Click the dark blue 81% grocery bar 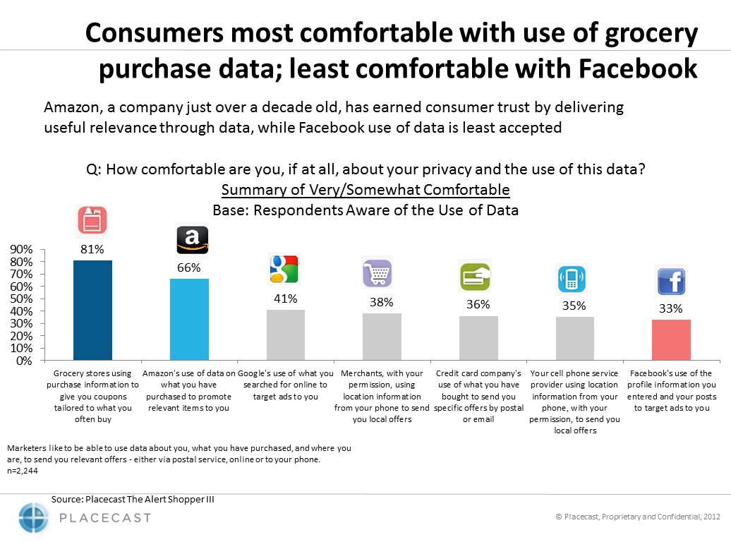pyautogui.click(x=92, y=311)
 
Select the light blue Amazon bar pyautogui.click(x=189, y=320)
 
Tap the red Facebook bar pyautogui.click(x=671, y=340)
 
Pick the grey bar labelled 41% pyautogui.click(x=285, y=335)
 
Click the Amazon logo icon pyautogui.click(x=192, y=240)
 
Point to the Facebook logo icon pyautogui.click(x=671, y=282)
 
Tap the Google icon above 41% pyautogui.click(x=285, y=270)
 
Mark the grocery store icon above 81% pyautogui.click(x=92, y=221)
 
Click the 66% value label pyautogui.click(x=189, y=267)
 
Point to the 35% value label pyautogui.click(x=574, y=306)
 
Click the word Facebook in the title pyautogui.click(x=638, y=68)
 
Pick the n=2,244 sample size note pyautogui.click(x=21, y=470)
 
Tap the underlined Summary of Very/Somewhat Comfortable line pyautogui.click(x=365, y=190)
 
